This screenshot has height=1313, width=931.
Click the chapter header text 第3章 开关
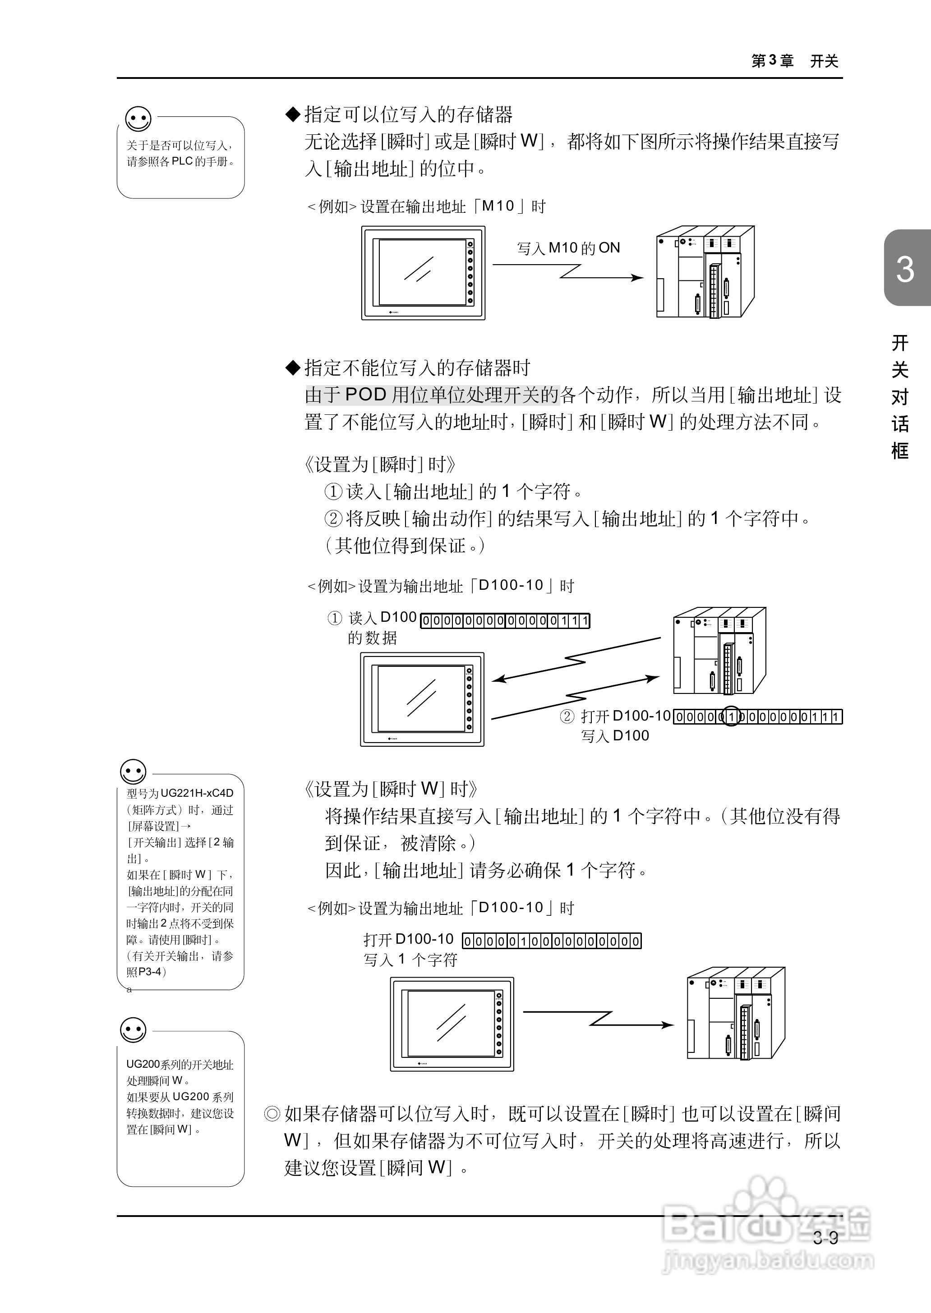click(x=795, y=61)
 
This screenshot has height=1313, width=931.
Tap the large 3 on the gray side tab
click(x=905, y=269)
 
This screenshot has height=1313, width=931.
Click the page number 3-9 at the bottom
click(x=825, y=1238)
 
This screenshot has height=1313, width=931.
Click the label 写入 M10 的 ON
click(x=568, y=248)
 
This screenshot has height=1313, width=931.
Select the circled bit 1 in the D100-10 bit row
click(x=731, y=716)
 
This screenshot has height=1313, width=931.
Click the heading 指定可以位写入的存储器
click(x=408, y=115)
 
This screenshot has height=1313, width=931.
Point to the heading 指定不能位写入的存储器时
click(x=417, y=367)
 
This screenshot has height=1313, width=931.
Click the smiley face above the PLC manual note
click(x=138, y=119)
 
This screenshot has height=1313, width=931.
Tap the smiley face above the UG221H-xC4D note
click(x=134, y=771)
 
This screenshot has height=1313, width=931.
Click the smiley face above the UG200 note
click(x=134, y=1030)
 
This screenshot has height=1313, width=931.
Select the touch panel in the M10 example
click(x=423, y=273)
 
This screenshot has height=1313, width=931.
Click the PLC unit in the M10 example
click(x=705, y=272)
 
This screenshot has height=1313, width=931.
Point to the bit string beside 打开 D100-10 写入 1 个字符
click(x=552, y=941)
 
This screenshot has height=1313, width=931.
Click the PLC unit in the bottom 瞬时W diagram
click(x=736, y=1014)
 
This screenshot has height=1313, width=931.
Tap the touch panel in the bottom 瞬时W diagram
click(x=452, y=1024)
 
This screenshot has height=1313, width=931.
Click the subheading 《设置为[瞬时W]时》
click(x=390, y=789)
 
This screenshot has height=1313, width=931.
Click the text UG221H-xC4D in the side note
click(x=197, y=793)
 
